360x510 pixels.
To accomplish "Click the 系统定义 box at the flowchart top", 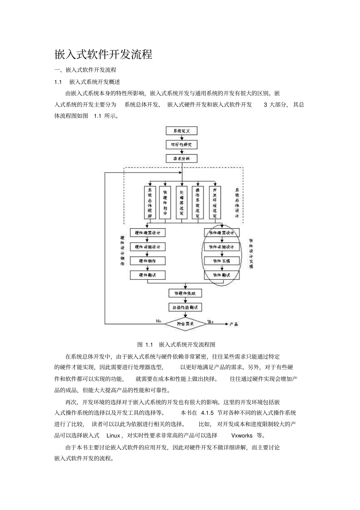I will (x=182, y=131).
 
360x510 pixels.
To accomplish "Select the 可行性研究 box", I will (x=182, y=145).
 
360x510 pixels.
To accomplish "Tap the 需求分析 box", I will (x=182, y=158).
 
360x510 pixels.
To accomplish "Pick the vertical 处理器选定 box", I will (x=182, y=202).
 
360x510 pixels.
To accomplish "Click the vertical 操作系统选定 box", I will (x=197, y=202).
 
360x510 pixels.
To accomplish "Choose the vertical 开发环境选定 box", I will (x=215, y=202).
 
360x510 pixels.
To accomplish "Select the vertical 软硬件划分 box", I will (x=165, y=202).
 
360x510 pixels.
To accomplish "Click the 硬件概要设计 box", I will (x=148, y=233).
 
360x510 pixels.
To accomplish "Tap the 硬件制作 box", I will (x=148, y=261).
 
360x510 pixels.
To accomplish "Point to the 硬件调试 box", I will (x=148, y=275).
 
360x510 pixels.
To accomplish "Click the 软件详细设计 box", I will (x=222, y=247).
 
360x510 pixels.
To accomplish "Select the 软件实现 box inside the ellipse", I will (x=222, y=261).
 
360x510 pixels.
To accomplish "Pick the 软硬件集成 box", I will (x=185, y=293).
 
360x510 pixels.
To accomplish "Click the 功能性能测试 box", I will (x=185, y=307).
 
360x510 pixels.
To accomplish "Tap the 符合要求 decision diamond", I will (x=185, y=324).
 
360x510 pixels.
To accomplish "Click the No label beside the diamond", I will (x=158, y=321).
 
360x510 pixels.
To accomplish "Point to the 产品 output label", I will (x=234, y=324).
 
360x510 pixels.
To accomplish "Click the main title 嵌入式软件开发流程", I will (x=103, y=55).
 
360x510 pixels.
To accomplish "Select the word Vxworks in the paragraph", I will (x=241, y=435).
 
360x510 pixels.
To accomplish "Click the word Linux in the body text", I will (x=113, y=435).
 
